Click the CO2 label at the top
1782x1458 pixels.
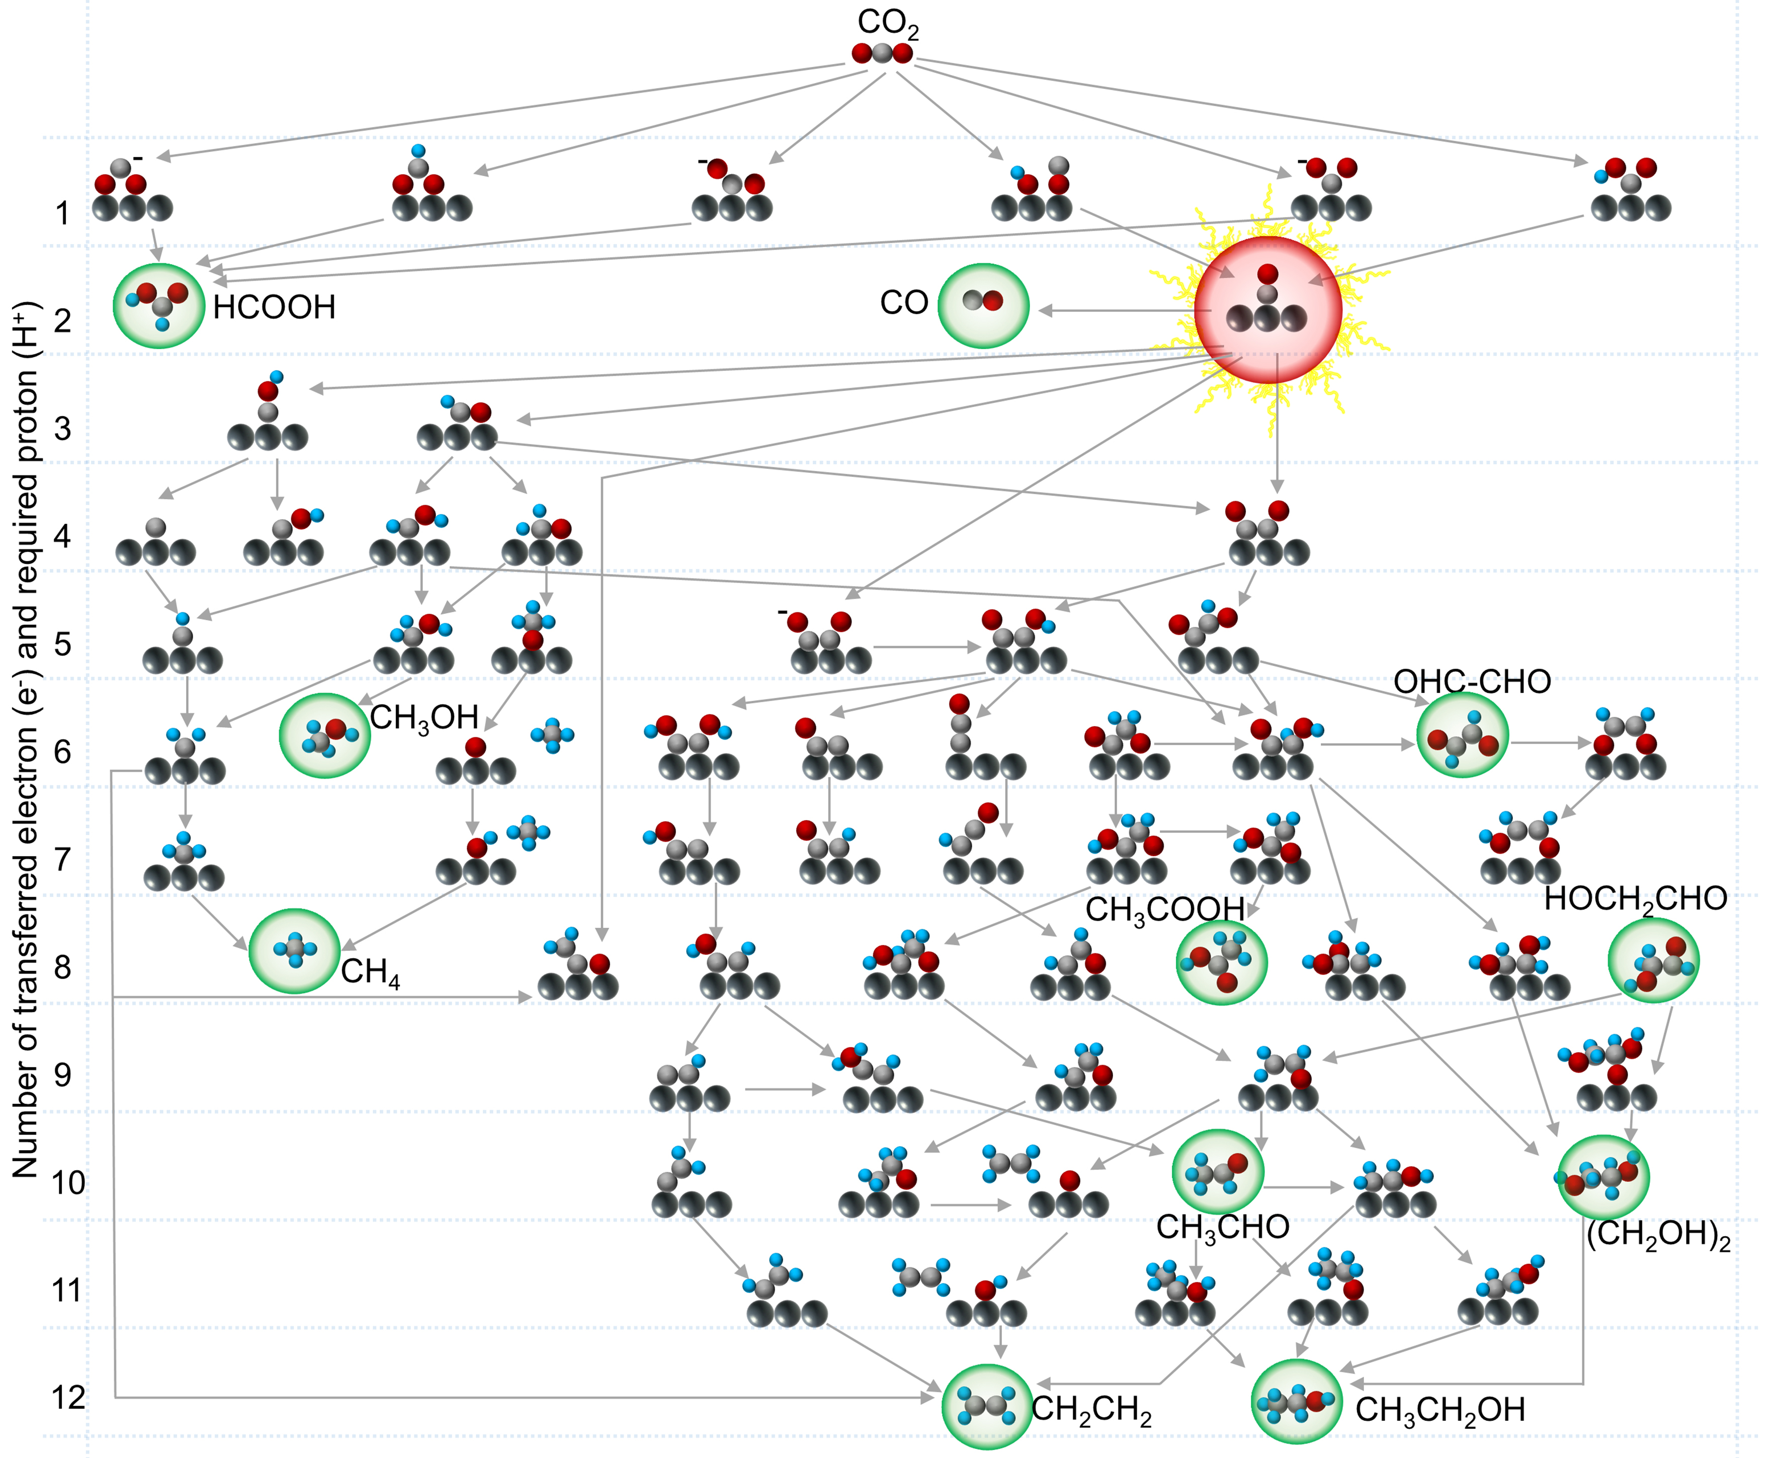(x=888, y=24)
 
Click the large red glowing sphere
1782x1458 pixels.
(x=1267, y=309)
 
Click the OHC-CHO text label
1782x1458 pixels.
(x=1472, y=681)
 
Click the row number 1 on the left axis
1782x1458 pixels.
(x=62, y=213)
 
